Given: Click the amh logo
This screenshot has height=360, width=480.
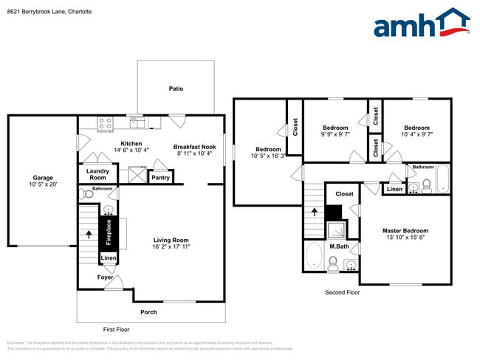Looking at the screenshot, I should (421, 24).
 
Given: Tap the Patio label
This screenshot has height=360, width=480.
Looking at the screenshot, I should (176, 89).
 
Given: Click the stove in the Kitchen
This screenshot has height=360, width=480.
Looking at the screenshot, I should (105, 123).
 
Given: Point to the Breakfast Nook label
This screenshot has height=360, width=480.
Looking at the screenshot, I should (194, 147).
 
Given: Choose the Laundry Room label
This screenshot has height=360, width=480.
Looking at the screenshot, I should (98, 174).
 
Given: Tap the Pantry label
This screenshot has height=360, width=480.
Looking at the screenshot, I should (160, 177).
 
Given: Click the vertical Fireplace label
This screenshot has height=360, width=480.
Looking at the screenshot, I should (109, 232).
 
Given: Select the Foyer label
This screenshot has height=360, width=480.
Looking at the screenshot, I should (105, 277).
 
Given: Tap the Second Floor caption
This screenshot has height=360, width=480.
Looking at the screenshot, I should (343, 293).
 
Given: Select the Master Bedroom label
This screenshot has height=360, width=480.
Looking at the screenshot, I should (405, 231).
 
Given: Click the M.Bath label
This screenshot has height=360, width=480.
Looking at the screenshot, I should (339, 246).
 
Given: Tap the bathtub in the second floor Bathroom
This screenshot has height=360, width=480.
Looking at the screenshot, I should (442, 179).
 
